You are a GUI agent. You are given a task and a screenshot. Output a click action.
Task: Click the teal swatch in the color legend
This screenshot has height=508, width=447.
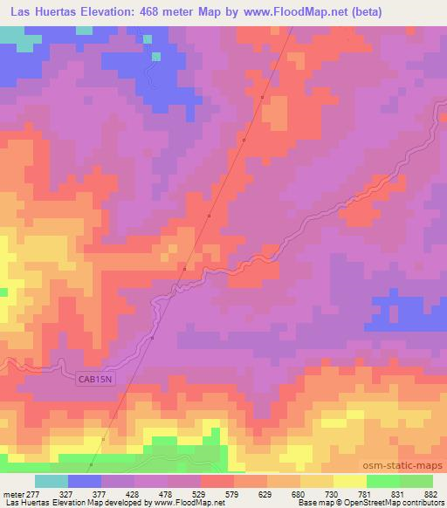click(x=52, y=482)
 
